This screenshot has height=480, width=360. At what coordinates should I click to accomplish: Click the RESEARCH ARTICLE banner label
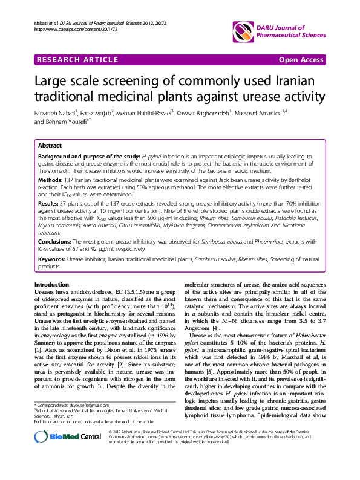tap(76, 60)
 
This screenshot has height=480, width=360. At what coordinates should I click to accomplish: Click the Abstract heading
tap(50, 146)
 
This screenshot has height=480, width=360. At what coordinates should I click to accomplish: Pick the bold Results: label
tap(49, 205)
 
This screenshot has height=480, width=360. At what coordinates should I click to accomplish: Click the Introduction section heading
tap(51, 285)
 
